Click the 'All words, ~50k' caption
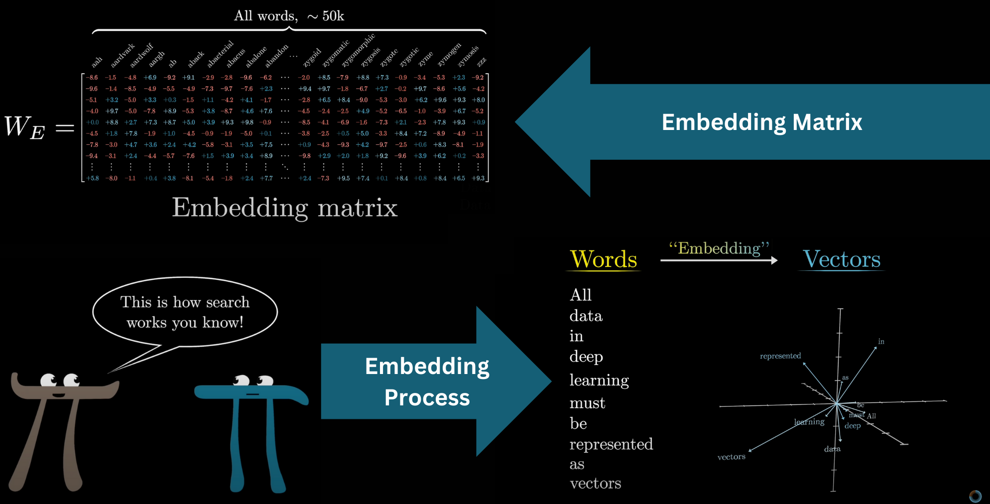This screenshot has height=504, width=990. point(289,16)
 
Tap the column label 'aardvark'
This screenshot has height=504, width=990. point(123,55)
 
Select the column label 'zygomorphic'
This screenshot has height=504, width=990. point(359,50)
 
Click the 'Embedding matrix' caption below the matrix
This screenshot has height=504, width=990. point(284,207)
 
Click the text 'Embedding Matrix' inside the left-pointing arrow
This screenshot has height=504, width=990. point(761,122)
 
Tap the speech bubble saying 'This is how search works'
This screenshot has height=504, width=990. point(185,312)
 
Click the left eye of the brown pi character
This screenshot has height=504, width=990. point(48,380)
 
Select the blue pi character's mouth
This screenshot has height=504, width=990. point(252,394)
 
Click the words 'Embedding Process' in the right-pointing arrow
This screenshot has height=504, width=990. point(427,381)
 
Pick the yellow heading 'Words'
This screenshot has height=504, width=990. point(603,259)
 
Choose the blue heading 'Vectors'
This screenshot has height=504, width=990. point(842,259)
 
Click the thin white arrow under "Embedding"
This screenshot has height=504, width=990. point(719,260)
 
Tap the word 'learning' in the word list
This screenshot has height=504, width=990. point(599,380)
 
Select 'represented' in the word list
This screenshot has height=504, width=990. point(611,444)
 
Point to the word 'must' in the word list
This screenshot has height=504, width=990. point(587,403)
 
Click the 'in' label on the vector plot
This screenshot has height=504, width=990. point(881,342)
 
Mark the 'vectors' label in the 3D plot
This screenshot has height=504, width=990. point(731,457)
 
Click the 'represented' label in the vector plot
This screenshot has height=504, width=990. point(780,356)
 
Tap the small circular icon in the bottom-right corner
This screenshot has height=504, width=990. point(975,496)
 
